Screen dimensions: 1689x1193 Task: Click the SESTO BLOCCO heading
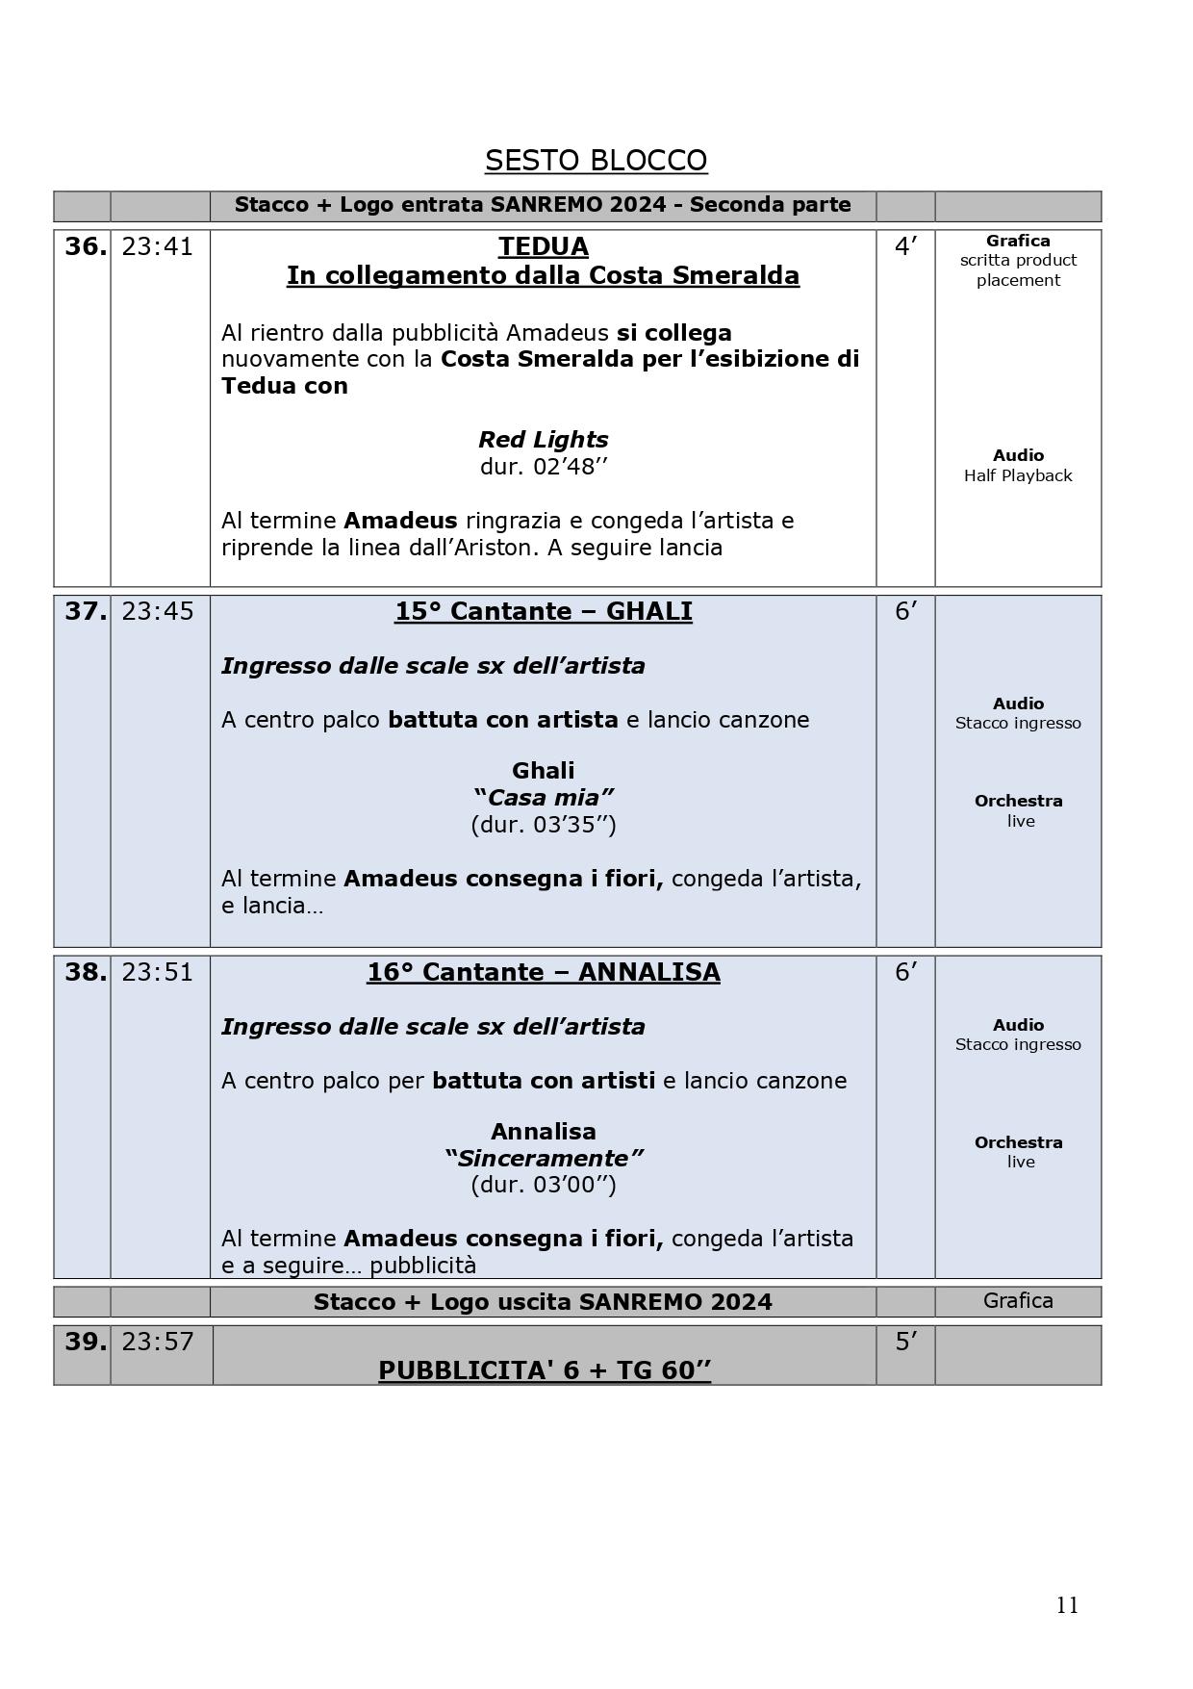pyautogui.click(x=596, y=161)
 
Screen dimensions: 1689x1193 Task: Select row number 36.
pyautogui.click(x=86, y=247)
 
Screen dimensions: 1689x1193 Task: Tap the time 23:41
pyautogui.click(x=158, y=247)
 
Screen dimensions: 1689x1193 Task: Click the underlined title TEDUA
pyautogui.click(x=544, y=247)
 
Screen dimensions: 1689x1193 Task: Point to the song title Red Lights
pyautogui.click(x=544, y=440)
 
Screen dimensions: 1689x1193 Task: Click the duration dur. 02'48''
pyautogui.click(x=544, y=467)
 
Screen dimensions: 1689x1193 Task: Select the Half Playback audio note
pyautogui.click(x=1018, y=475)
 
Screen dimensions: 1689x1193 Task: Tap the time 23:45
pyautogui.click(x=158, y=612)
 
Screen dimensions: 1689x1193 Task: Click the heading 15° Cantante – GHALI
pyautogui.click(x=544, y=612)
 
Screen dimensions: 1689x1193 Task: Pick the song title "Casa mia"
pyautogui.click(x=544, y=798)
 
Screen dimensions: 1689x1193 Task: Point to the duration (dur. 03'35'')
pyautogui.click(x=544, y=825)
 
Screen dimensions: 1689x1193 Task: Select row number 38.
pyautogui.click(x=86, y=973)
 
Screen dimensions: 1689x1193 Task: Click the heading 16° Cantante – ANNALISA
pyautogui.click(x=544, y=973)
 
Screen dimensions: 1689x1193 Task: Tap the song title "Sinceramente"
pyautogui.click(x=544, y=1158)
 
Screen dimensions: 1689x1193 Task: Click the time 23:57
pyautogui.click(x=158, y=1342)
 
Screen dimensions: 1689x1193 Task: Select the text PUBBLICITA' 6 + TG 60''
pyautogui.click(x=545, y=1370)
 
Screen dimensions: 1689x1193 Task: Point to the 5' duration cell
pyautogui.click(x=905, y=1342)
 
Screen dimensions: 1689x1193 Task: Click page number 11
pyautogui.click(x=1067, y=1605)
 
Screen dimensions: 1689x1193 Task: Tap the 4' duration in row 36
pyautogui.click(x=905, y=247)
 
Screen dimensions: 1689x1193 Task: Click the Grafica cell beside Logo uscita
pyautogui.click(x=1018, y=1301)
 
